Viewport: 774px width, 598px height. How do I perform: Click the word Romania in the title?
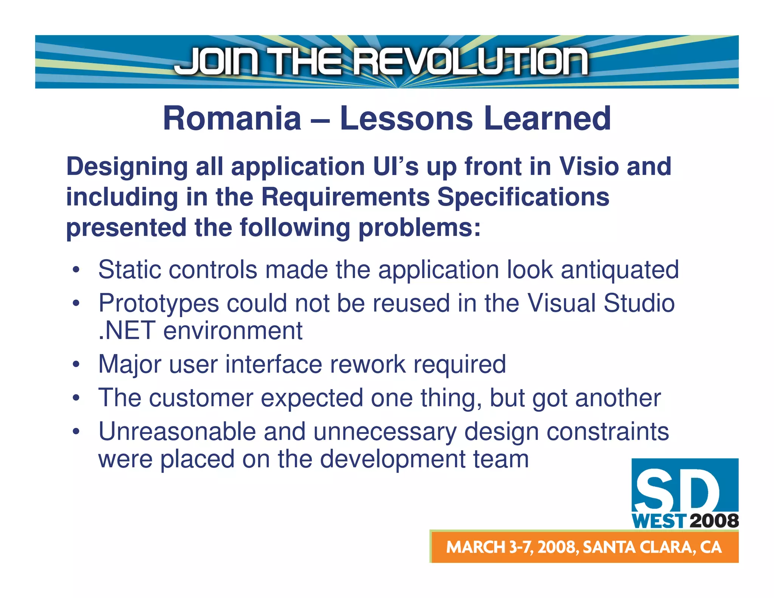point(232,118)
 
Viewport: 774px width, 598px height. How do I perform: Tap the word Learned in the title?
point(547,118)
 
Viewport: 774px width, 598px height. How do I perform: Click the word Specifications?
point(523,197)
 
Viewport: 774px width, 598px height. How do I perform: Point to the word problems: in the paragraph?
point(420,228)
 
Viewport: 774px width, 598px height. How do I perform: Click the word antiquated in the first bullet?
point(620,270)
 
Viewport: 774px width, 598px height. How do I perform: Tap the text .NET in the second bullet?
point(126,331)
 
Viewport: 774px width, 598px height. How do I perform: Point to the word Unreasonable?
point(177,432)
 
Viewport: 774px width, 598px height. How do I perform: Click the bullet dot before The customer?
point(76,398)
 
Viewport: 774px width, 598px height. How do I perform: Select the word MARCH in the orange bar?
point(476,547)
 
